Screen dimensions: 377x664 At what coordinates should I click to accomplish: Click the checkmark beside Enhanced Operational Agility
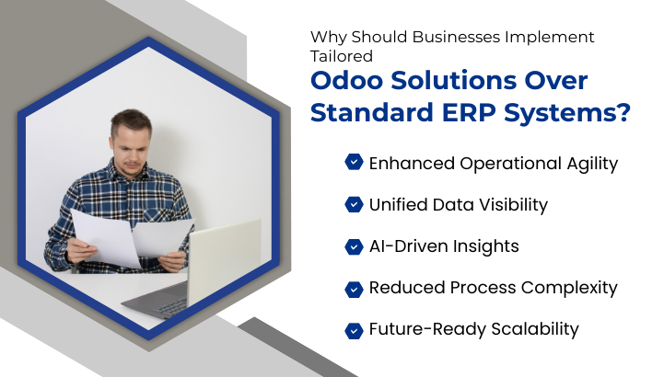[x=354, y=163]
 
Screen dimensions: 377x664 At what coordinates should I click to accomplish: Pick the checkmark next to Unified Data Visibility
[x=354, y=204]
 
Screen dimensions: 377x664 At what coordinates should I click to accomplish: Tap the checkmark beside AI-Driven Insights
[x=354, y=246]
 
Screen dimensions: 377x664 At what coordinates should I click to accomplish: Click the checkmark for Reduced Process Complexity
[x=354, y=288]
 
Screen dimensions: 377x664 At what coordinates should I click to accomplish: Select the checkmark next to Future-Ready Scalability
[x=354, y=329]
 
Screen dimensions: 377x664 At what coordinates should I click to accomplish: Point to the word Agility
[x=587, y=164]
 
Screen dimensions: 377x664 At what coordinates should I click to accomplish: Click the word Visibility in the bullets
[x=512, y=204]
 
